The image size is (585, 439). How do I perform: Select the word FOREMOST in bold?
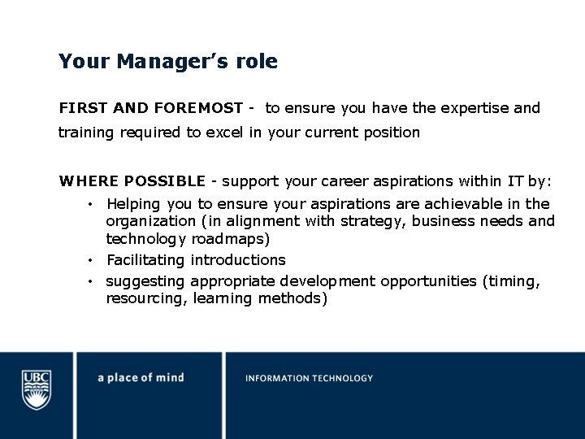(x=198, y=108)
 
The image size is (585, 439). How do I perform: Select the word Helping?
(x=133, y=204)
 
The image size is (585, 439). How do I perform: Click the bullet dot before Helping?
(x=93, y=204)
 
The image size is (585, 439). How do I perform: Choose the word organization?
(x=149, y=221)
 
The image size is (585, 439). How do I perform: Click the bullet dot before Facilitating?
(x=93, y=260)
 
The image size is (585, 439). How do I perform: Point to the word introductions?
(x=238, y=260)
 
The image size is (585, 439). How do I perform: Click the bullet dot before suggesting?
(x=93, y=281)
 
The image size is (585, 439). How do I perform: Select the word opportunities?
(x=427, y=281)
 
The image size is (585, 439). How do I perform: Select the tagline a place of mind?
(x=141, y=378)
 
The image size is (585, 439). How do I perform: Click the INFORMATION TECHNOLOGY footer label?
(x=310, y=378)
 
